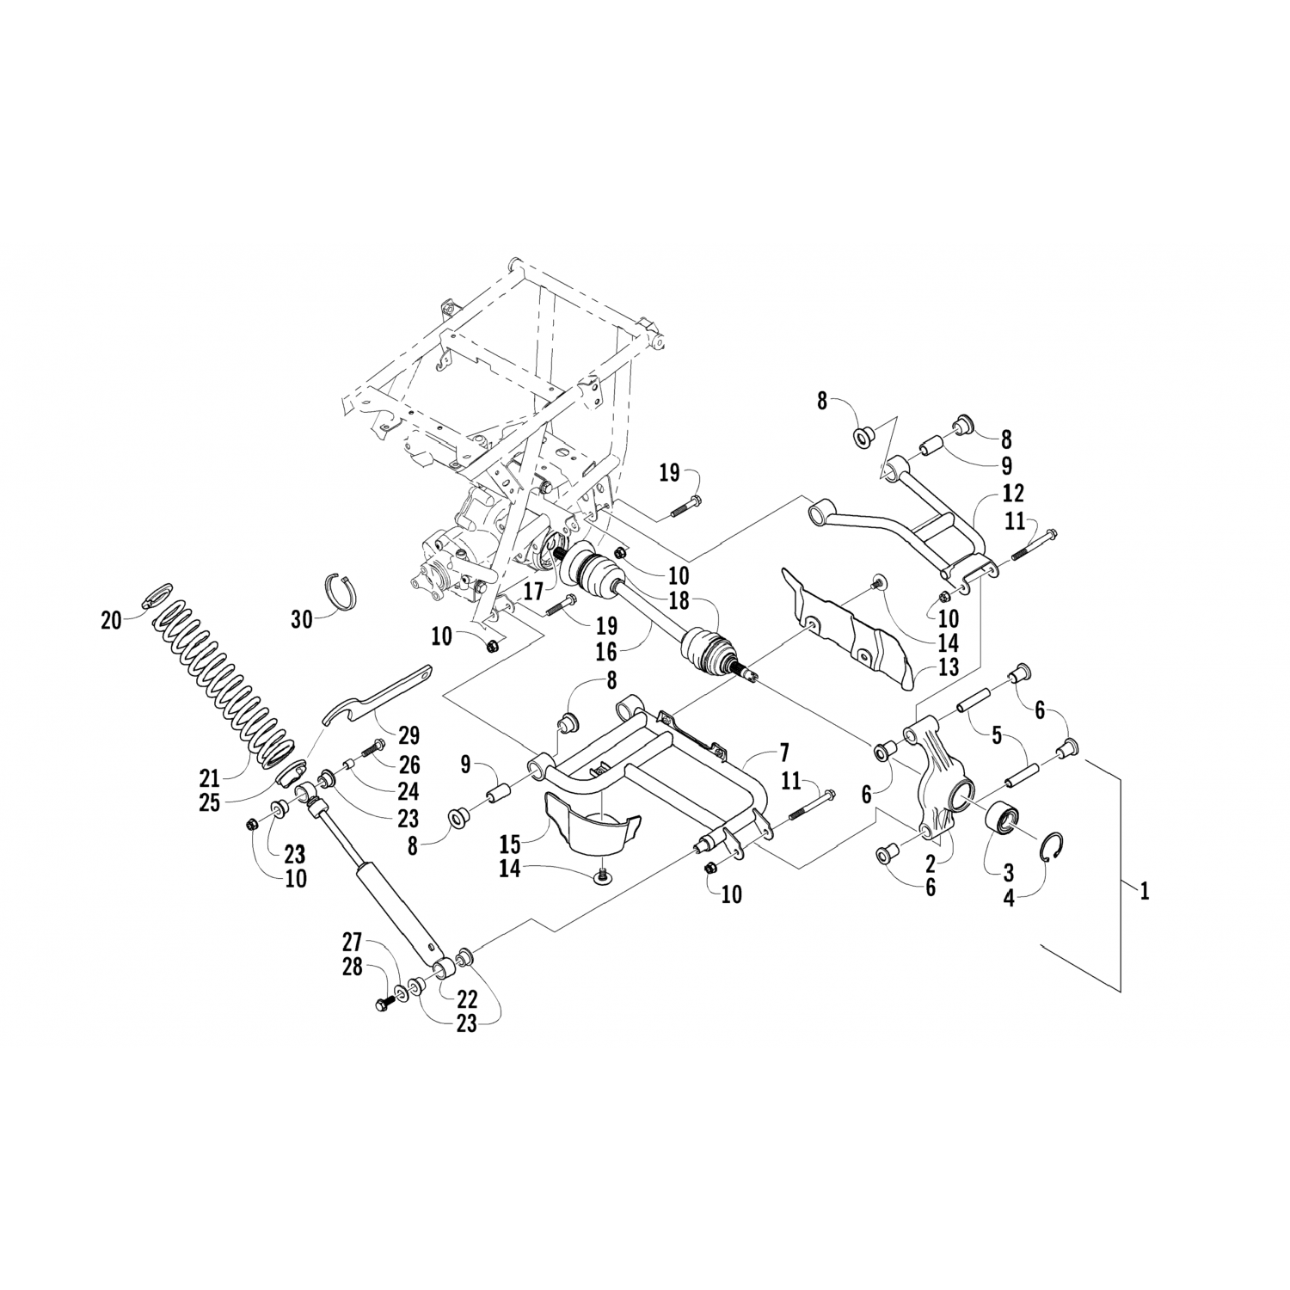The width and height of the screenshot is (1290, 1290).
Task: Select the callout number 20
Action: tap(112, 619)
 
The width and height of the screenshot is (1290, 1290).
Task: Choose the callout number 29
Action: tap(408, 735)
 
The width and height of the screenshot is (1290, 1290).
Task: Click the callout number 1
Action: tap(1144, 892)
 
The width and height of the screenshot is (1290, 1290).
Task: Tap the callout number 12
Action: tap(1013, 494)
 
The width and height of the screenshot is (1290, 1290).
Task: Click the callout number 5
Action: tap(996, 735)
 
